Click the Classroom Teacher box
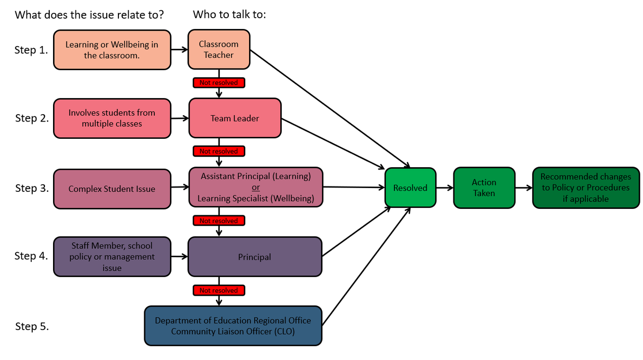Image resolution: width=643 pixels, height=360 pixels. point(219,50)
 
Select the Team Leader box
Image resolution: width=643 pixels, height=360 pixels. point(234,118)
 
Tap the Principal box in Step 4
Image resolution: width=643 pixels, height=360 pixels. point(255,257)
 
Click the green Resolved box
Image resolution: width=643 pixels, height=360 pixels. point(410,188)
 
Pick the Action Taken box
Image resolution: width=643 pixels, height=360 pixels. point(484,187)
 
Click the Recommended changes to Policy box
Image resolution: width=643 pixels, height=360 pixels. point(586,187)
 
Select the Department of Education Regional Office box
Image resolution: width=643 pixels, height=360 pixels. point(233,326)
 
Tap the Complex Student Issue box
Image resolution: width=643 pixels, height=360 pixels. point(112,189)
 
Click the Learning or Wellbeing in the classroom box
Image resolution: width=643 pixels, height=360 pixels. point(112,50)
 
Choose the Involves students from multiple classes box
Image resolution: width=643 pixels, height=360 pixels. point(112,118)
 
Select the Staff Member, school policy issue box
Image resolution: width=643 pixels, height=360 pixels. point(112,257)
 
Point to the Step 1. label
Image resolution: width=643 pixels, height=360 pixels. point(32,51)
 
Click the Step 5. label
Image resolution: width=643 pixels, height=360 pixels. point(32,327)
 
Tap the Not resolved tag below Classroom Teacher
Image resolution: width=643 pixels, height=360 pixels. point(219,82)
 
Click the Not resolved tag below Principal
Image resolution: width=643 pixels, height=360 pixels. point(219,290)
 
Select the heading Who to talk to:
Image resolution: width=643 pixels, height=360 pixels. point(229,14)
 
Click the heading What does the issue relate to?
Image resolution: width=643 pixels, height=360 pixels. point(89,14)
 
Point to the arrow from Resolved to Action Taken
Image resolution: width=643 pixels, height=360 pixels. point(444,188)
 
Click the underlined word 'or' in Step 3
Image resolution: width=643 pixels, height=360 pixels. point(256,187)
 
